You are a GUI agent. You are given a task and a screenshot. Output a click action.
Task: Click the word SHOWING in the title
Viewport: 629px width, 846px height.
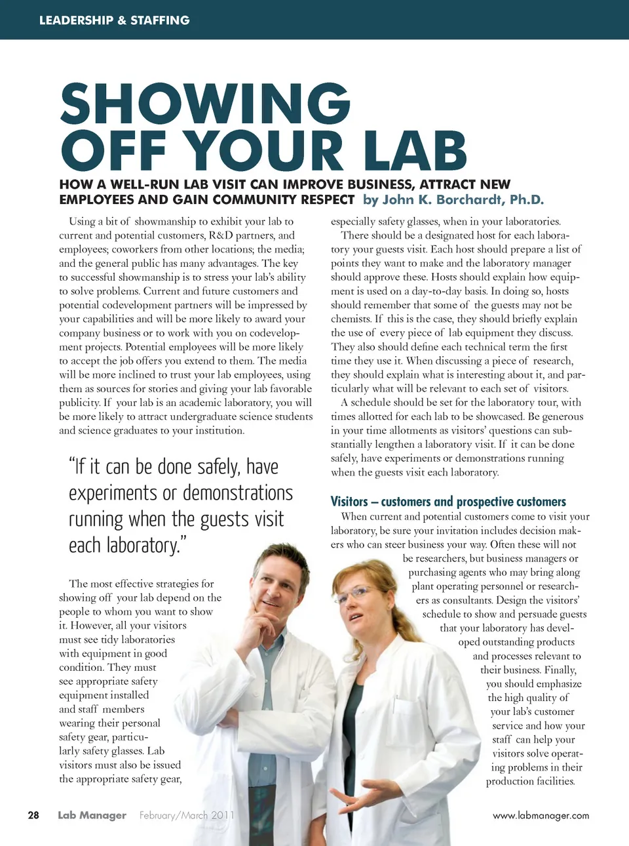coord(206,103)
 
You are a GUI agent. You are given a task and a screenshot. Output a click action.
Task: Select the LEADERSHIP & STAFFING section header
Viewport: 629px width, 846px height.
coord(114,20)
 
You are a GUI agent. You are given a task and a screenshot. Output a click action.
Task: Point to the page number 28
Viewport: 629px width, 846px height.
coord(33,815)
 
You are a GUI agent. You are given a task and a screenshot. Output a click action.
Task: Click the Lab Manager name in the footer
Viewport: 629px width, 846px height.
coord(92,815)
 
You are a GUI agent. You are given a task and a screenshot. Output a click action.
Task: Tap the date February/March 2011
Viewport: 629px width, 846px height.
coord(186,815)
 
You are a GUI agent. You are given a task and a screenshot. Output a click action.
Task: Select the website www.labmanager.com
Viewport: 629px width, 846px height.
coord(541,815)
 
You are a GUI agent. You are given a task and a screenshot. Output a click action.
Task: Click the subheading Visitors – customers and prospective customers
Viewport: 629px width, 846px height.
coord(448,502)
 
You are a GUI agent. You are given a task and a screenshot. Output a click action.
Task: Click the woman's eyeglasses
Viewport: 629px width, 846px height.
coord(354,594)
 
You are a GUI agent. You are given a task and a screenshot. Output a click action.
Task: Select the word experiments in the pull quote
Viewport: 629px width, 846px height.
coord(113,493)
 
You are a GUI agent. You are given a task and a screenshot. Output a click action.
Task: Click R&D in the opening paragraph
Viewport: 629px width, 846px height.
coord(221,235)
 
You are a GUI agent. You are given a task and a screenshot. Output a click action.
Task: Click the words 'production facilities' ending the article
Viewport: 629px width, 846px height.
coord(530,781)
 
